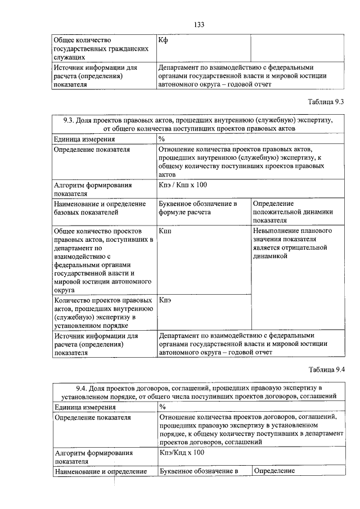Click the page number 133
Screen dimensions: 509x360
[199, 24]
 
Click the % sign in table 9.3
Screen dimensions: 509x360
[161, 139]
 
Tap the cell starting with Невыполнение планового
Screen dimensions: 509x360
[292, 244]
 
